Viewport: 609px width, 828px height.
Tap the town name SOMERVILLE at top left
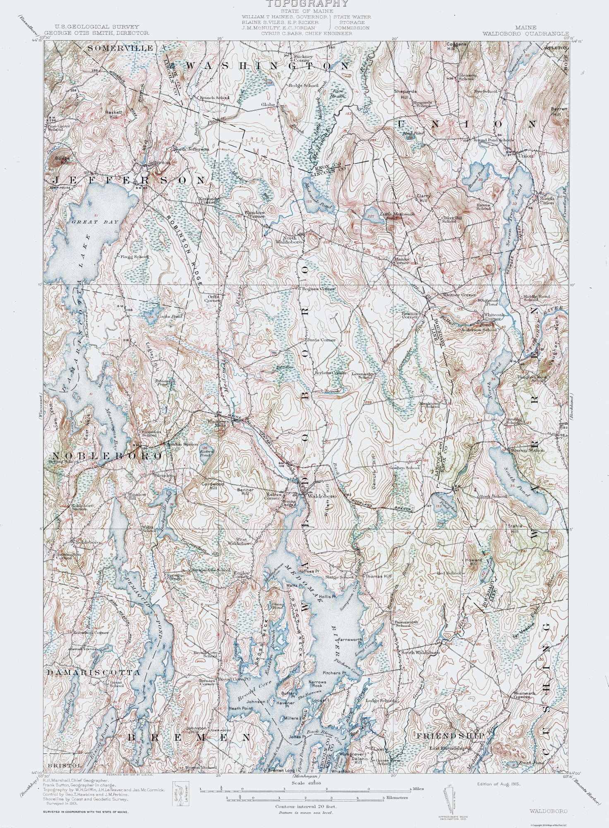click(114, 48)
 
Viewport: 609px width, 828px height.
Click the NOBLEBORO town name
click(106, 456)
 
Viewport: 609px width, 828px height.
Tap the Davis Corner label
click(321, 340)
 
